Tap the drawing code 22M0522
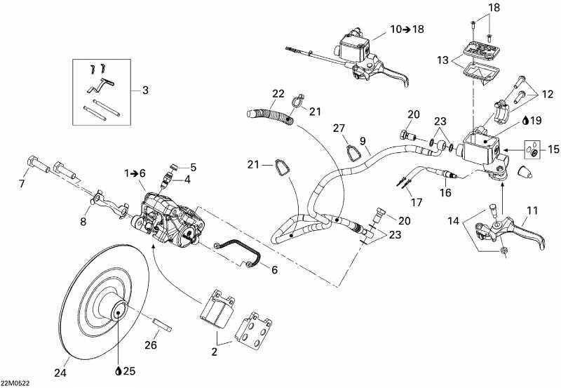pos(15,382)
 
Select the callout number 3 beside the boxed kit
pos(145,90)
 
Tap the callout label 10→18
pos(407,30)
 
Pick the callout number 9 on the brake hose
pos(363,140)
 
